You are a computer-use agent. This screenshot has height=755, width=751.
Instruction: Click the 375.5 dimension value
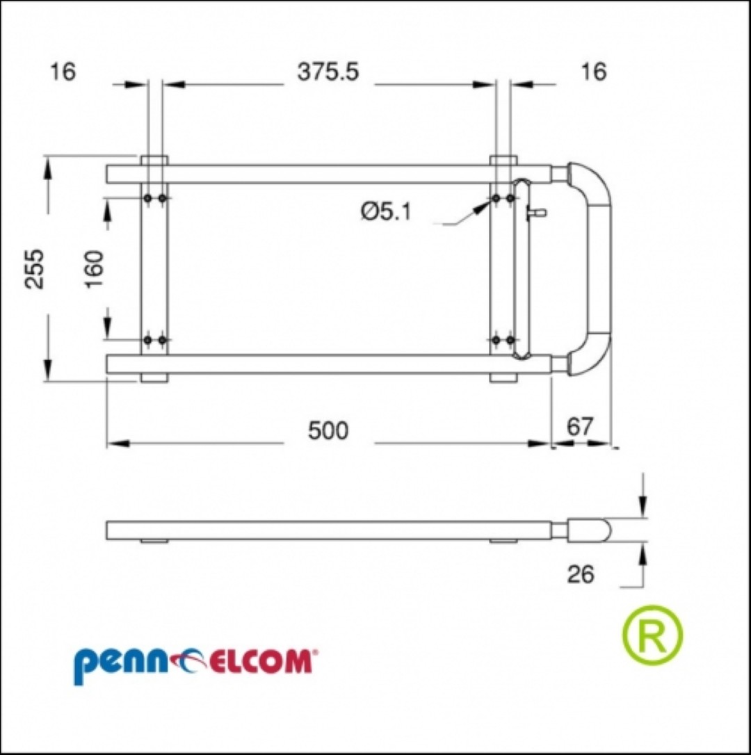(x=328, y=72)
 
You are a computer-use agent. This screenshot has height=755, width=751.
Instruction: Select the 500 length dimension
(x=328, y=430)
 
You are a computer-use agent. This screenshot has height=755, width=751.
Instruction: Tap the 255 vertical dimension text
(x=34, y=268)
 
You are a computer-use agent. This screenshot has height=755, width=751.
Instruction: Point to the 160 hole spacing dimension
(x=95, y=268)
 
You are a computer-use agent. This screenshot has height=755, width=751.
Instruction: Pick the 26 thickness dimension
(x=581, y=574)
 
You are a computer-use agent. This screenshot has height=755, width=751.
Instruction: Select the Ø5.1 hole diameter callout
(x=387, y=211)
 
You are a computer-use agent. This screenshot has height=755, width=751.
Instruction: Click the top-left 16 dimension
(x=63, y=72)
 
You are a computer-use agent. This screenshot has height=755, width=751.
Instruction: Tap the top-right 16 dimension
(x=593, y=72)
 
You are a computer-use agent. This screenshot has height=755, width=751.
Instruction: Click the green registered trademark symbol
(x=652, y=635)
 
